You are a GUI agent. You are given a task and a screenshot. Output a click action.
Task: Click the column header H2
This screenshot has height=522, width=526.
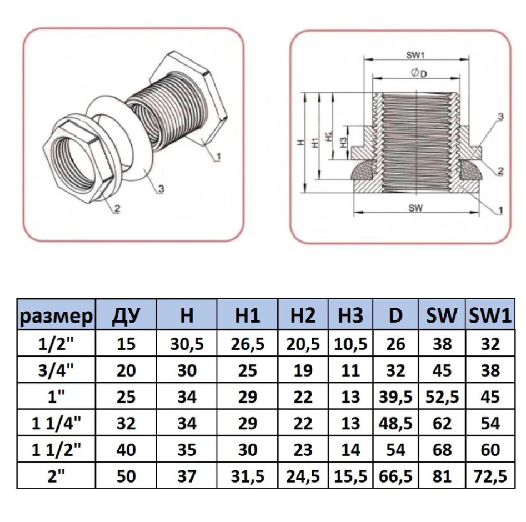(303, 315)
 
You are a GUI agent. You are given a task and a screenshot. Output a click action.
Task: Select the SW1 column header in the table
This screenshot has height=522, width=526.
(490, 315)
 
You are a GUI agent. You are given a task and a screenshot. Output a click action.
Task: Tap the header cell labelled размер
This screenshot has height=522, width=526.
(56, 317)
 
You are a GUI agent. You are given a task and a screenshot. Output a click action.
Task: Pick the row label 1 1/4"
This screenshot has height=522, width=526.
(56, 423)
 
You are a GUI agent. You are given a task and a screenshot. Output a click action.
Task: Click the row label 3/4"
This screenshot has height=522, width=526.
(56, 370)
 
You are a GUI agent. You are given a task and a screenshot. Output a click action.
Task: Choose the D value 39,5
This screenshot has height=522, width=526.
(395, 397)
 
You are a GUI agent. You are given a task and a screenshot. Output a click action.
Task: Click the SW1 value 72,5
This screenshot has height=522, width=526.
(490, 476)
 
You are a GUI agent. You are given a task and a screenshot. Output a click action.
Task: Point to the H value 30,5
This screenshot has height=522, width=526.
(187, 344)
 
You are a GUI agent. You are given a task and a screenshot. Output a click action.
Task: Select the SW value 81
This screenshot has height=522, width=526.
(442, 476)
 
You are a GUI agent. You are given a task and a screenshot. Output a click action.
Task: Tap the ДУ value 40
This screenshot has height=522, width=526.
(126, 450)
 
